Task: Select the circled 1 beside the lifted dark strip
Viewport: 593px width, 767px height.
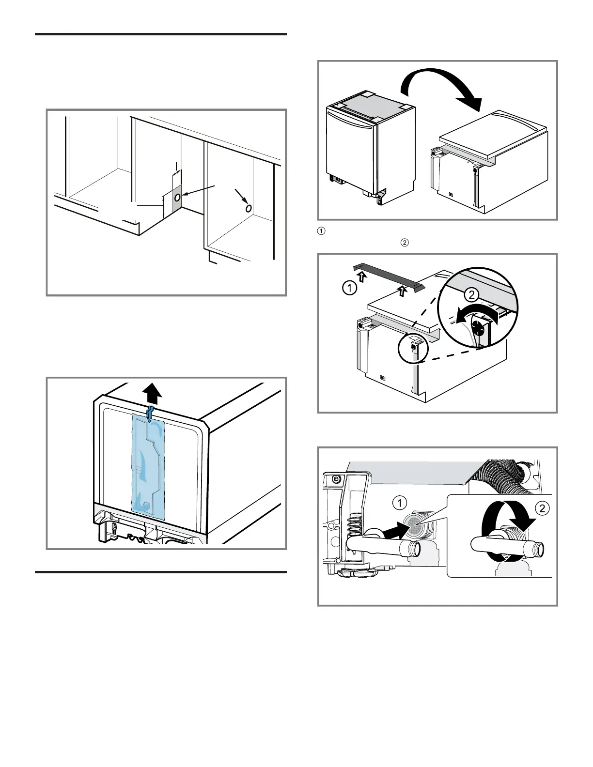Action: click(349, 289)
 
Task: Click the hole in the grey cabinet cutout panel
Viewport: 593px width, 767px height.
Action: click(177, 198)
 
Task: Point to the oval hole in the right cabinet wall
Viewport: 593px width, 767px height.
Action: click(248, 208)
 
